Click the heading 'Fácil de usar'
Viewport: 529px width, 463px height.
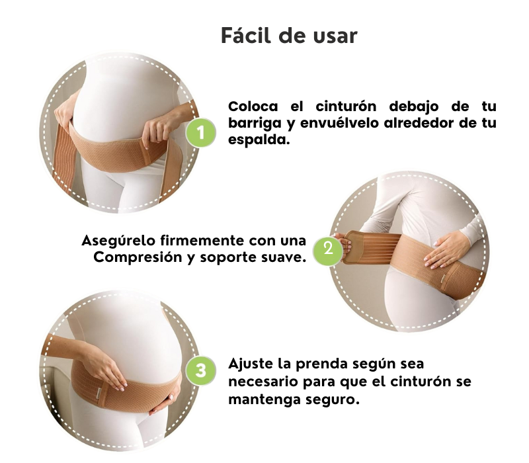click(289, 35)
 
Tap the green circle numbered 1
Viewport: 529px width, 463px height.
click(201, 132)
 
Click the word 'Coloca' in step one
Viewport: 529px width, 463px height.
click(252, 107)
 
